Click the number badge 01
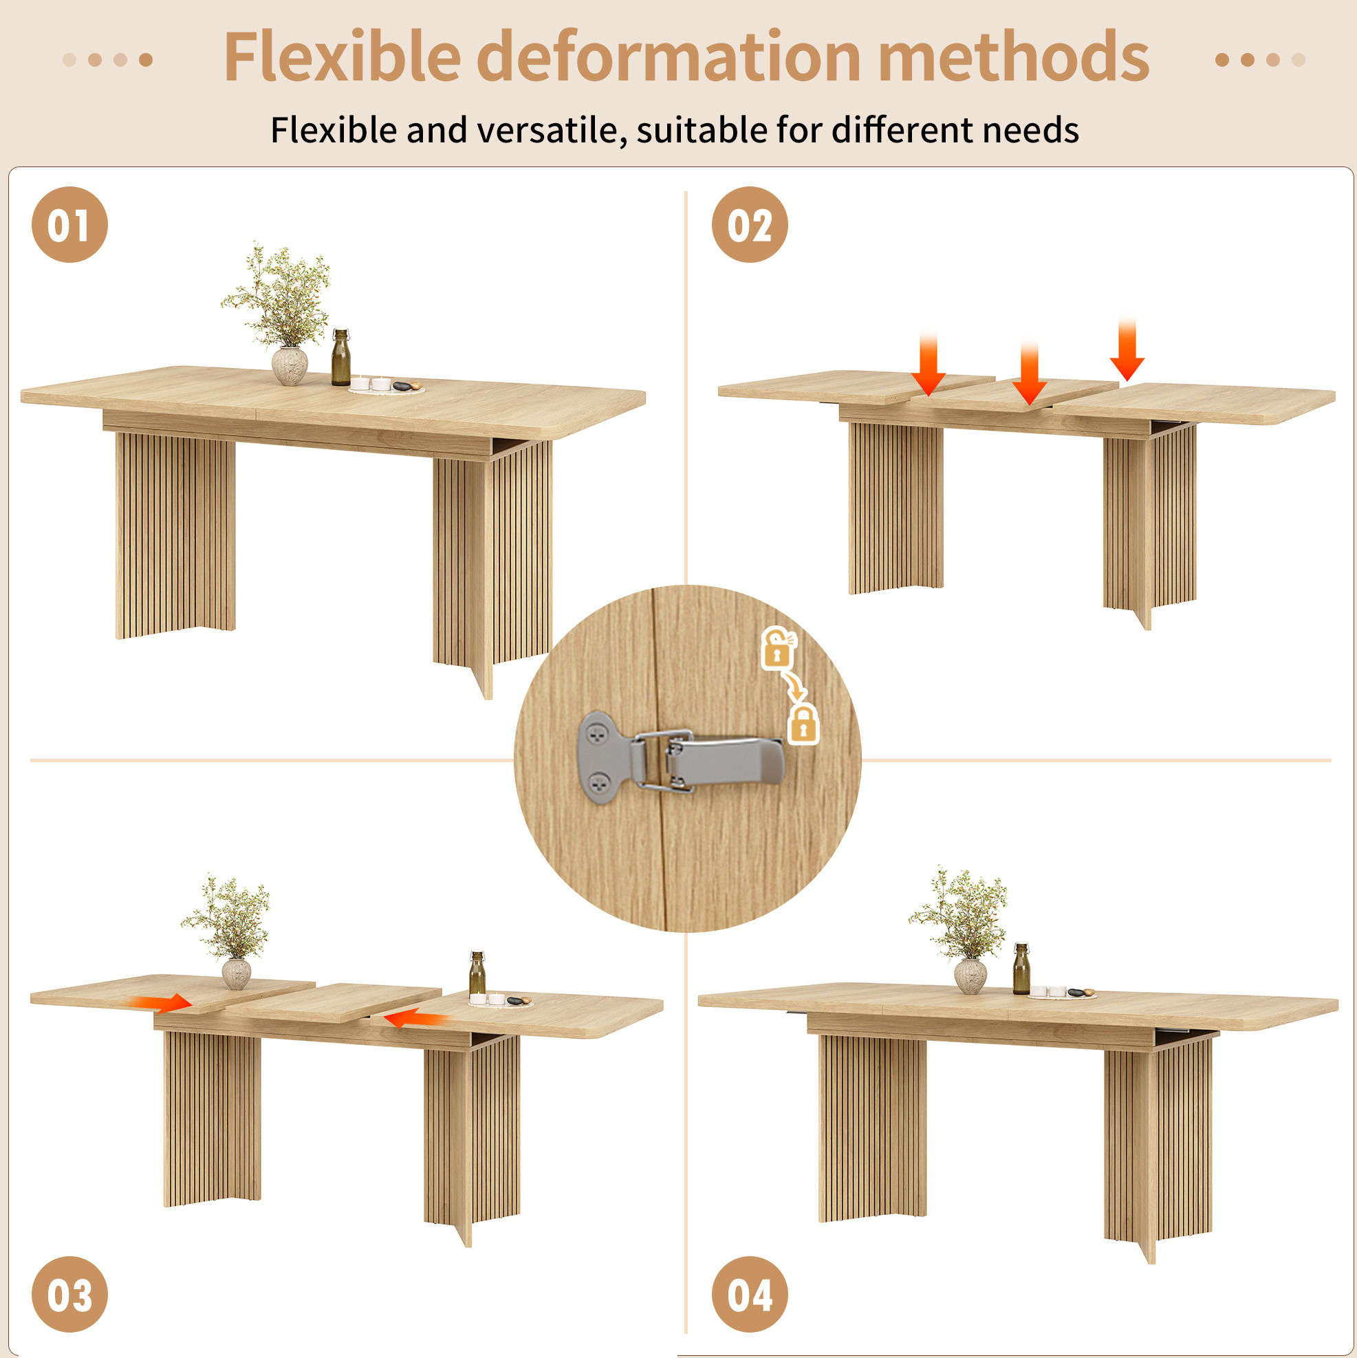pyautogui.click(x=69, y=225)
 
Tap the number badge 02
pyautogui.click(x=750, y=225)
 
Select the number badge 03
pyautogui.click(x=69, y=1295)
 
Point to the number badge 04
pyautogui.click(x=750, y=1295)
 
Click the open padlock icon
pyautogui.click(x=778, y=647)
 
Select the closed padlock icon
pyautogui.click(x=804, y=724)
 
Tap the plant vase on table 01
pyautogui.click(x=290, y=365)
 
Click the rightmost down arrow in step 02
pyautogui.click(x=1127, y=349)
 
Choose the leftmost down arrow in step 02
pyautogui.click(x=929, y=363)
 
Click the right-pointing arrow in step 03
pyautogui.click(x=161, y=1003)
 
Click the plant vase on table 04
pyautogui.click(x=970, y=976)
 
